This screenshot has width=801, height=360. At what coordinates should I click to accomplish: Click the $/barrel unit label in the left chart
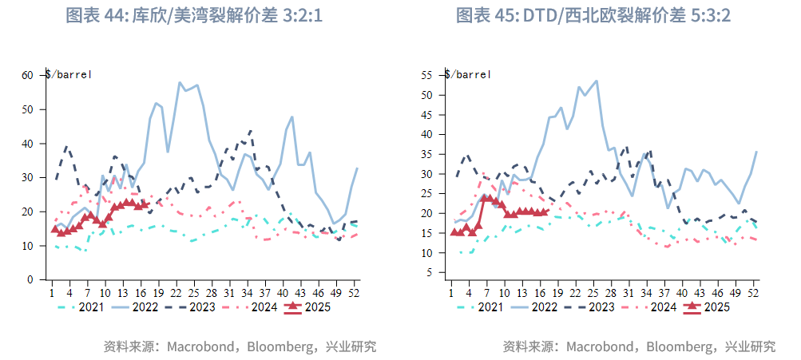[x=69, y=74]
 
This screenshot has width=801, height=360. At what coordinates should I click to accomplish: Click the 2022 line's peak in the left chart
[x=180, y=82]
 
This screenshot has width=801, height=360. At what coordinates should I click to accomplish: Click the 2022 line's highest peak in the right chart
[x=597, y=81]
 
